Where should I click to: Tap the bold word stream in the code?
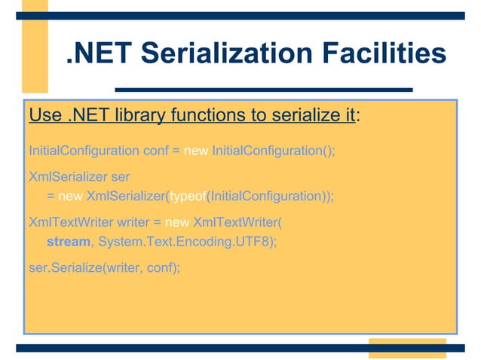(x=69, y=242)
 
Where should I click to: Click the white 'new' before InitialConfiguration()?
(x=196, y=150)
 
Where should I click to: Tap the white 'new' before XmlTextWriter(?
(x=177, y=223)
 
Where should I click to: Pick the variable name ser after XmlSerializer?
(x=119, y=177)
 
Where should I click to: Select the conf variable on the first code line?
(x=155, y=150)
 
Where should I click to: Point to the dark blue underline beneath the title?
(x=263, y=88)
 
